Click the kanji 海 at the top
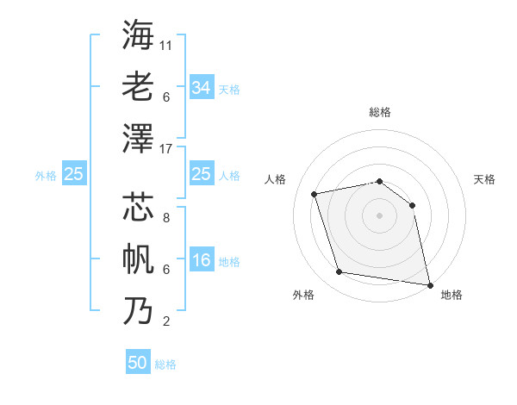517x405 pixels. coord(138,34)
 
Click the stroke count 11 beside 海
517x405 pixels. coord(166,45)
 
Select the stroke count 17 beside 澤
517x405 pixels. coord(166,148)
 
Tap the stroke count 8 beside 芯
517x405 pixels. coord(165,217)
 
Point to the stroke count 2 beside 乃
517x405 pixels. coord(165,322)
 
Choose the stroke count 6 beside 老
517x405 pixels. coord(165,97)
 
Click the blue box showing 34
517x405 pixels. coord(201,88)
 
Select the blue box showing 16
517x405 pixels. coord(201,261)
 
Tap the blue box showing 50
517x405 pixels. coord(138,363)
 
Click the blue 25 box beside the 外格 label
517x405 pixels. coord(73,175)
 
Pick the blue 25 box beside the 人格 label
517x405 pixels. coord(201,175)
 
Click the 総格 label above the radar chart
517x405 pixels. coord(379,112)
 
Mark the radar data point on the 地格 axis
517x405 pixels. coord(428,283)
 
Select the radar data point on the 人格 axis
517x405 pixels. coord(315,194)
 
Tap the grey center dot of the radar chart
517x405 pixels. coord(379,215)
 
